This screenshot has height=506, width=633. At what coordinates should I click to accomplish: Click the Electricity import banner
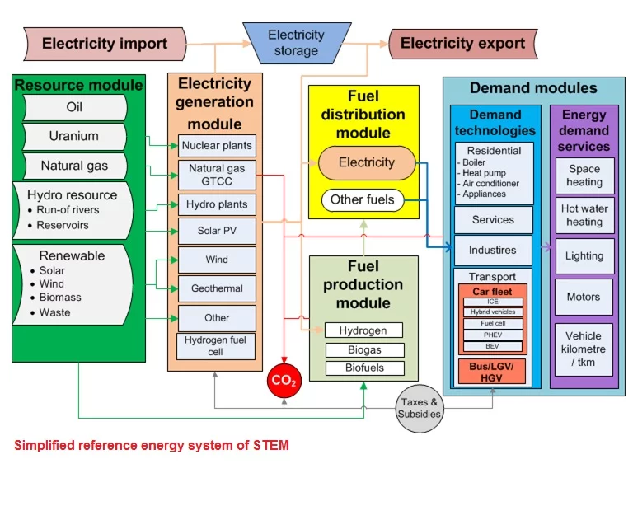coord(105,44)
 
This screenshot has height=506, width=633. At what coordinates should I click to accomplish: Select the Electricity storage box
coord(296,43)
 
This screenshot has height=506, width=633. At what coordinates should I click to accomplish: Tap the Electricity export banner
coord(462,44)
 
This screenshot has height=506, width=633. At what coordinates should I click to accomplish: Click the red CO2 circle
coord(284,382)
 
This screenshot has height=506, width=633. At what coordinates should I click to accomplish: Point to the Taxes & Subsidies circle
coord(420,408)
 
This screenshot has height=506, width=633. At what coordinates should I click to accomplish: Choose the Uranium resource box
coord(73,136)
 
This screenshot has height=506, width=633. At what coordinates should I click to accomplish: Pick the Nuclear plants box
coord(218,146)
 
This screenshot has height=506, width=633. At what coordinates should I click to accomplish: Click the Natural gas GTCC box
coord(218,175)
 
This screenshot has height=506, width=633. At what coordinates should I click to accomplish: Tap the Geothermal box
coord(217,288)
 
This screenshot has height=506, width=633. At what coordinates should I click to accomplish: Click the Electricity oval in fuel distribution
coord(367,162)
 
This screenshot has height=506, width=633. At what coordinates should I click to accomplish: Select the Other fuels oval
coord(363,199)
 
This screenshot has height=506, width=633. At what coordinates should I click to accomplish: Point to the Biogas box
coord(363,349)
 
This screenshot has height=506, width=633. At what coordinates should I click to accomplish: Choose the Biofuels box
coord(363,368)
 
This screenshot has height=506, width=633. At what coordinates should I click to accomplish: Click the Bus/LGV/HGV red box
coord(492,371)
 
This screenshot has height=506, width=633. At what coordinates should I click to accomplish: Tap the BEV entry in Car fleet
coord(492,347)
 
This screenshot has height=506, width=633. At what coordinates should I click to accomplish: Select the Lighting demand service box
coord(584,255)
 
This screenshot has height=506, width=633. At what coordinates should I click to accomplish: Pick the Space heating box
coord(584,176)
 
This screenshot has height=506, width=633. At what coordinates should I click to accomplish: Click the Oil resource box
coord(74,107)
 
